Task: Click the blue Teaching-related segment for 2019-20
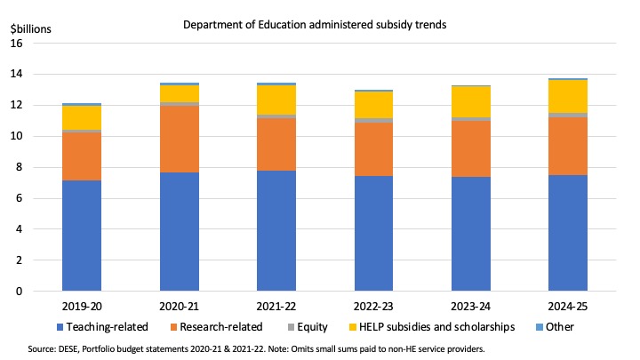81,236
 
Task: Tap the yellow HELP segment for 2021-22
276,100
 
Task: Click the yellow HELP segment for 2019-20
81,117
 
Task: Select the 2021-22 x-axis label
276,304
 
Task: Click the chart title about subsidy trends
315,25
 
